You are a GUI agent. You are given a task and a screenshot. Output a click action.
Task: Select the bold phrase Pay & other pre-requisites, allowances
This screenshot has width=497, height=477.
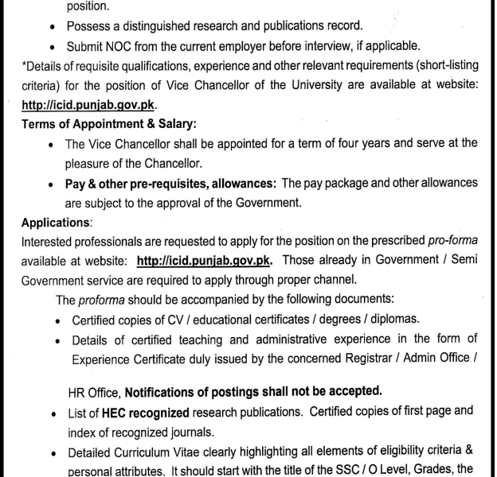point(170,184)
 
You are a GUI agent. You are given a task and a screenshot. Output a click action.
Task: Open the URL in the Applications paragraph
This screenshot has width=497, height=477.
point(205,261)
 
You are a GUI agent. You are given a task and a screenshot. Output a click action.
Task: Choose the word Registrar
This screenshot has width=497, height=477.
point(355,359)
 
